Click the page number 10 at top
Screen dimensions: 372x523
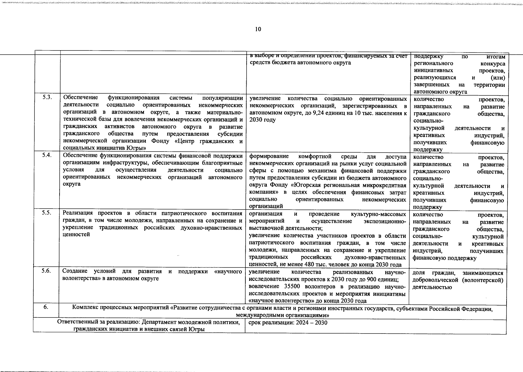(258, 29)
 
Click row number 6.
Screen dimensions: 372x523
(46, 307)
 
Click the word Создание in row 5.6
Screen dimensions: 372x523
(74, 272)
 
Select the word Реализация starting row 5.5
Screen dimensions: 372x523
(78, 213)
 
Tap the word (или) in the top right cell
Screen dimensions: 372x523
(498, 77)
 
